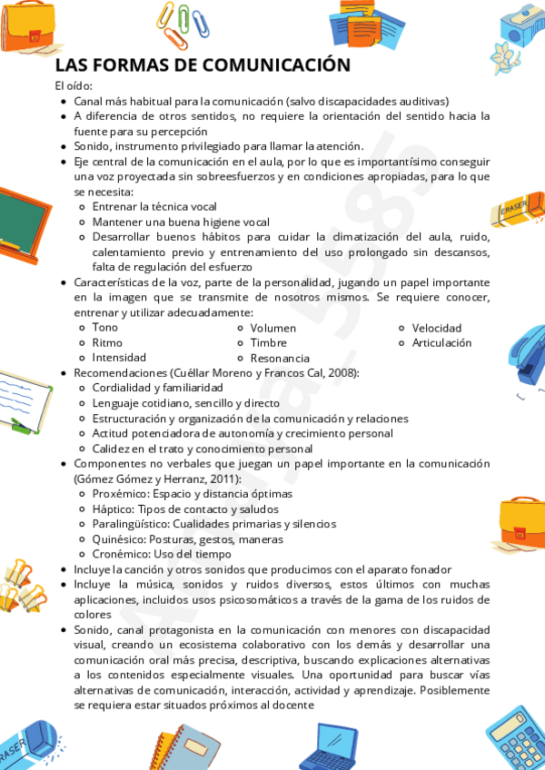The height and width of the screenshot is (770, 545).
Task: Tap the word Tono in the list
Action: tap(105, 328)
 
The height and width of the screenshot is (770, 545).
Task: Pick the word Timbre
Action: tap(269, 343)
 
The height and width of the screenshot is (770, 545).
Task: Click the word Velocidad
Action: tap(437, 328)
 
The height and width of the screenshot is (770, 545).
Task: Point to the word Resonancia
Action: tap(280, 359)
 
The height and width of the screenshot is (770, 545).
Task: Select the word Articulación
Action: tap(442, 343)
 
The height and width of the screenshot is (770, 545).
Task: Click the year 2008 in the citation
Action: tap(342, 373)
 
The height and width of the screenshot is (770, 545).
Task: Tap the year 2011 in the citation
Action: tap(224, 479)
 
